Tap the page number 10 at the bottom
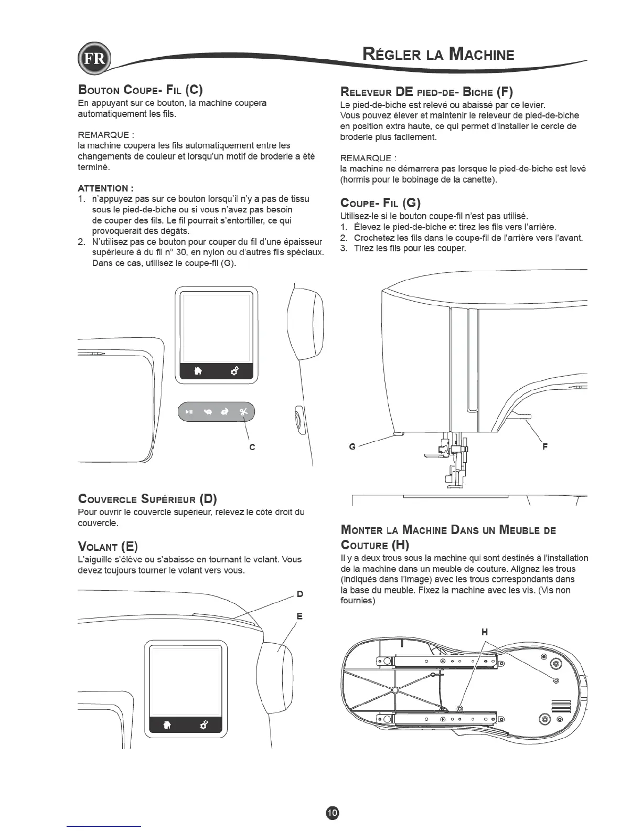click(333, 812)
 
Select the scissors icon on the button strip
click(243, 412)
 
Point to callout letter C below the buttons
click(252, 447)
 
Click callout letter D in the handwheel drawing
click(299, 594)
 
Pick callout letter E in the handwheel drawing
click(299, 616)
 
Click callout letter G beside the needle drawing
click(352, 446)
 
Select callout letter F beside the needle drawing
click(545, 446)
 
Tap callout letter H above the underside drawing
click(485, 632)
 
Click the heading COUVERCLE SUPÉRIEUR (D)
click(147, 498)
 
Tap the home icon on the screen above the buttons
click(198, 371)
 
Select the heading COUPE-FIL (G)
click(380, 203)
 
